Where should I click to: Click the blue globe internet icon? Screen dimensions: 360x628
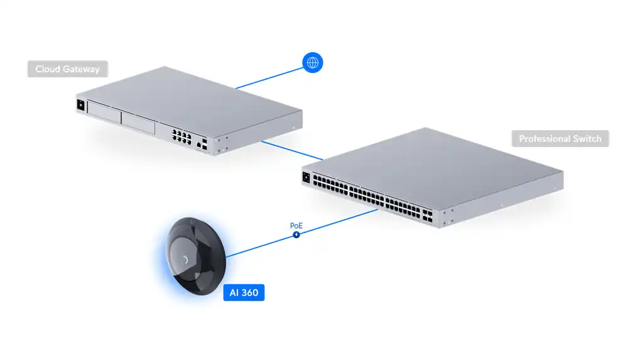pos(313,62)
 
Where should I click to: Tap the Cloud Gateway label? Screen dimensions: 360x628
pos(67,69)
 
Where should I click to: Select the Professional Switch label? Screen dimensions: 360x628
pos(560,139)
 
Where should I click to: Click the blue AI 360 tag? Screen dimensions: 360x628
pos(244,293)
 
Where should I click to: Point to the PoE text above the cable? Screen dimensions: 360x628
pos(296,225)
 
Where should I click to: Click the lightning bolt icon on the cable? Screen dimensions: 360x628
pos(296,235)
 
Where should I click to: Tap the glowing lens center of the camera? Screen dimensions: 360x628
pos(187,259)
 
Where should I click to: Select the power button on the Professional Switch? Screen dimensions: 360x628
pos(306,178)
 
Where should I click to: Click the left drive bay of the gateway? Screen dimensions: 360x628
pos(104,114)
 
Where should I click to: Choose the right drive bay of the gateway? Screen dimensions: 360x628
pos(138,122)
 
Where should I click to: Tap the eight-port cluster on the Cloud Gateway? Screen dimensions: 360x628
pos(180,134)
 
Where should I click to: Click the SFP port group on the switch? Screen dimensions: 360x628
pos(428,217)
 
